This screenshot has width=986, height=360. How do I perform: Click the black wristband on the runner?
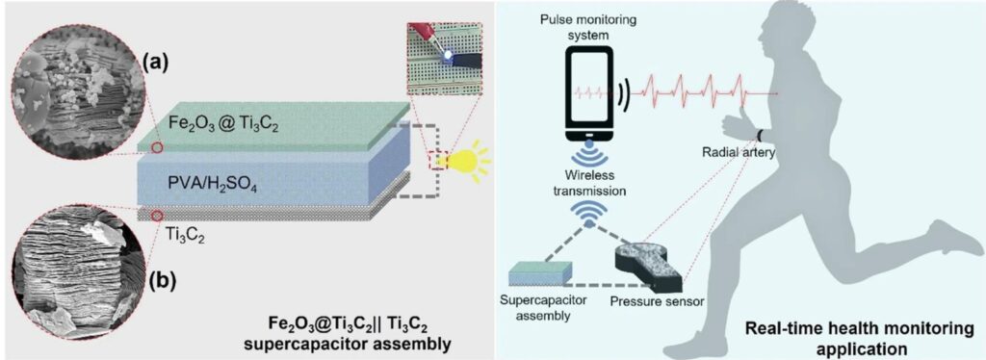pyautogui.click(x=761, y=134)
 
